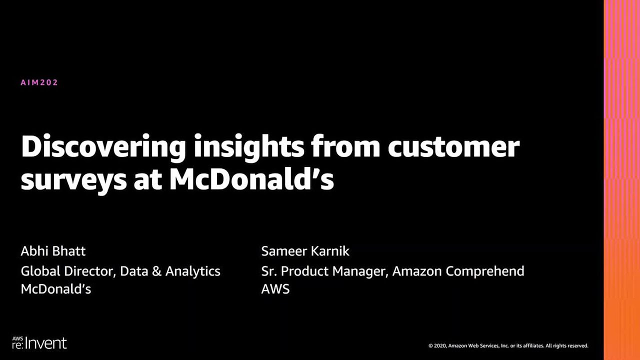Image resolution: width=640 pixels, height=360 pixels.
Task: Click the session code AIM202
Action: (39, 82)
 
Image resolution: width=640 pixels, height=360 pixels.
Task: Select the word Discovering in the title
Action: (103, 147)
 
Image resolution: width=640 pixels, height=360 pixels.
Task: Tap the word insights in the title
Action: (249, 147)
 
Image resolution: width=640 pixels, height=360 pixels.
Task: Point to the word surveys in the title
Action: (73, 180)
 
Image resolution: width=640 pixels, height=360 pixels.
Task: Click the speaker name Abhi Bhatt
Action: (53, 251)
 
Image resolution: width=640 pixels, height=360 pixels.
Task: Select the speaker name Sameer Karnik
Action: (305, 251)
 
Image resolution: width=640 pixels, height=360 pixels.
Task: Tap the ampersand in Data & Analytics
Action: (156, 271)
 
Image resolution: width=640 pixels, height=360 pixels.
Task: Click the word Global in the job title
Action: (40, 271)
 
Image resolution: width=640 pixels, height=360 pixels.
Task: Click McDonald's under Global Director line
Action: (56, 289)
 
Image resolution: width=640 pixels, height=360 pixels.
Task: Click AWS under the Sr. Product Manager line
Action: (275, 289)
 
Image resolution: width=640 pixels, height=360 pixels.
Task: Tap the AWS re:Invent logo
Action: (39, 342)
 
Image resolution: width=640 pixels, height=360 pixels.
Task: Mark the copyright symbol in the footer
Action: (430, 345)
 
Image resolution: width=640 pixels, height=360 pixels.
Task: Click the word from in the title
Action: (345, 147)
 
